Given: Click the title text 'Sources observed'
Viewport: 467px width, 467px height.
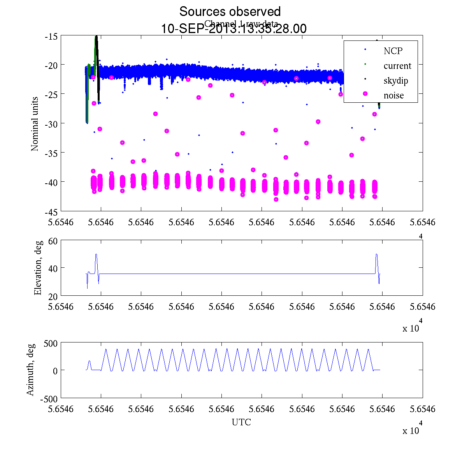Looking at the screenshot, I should point(230,11).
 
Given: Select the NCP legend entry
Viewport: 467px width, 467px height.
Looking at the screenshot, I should point(393,51).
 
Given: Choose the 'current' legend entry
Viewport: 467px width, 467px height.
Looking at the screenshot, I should point(397,66).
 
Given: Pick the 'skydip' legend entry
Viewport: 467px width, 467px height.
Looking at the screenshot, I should point(396,81).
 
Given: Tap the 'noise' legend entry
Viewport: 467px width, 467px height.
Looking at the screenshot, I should point(394,95).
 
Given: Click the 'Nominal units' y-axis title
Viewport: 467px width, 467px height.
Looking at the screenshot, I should point(35,124).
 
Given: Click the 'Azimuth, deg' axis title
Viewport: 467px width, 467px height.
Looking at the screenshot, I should point(30,369).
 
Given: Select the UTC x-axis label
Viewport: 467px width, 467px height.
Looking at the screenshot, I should point(241,422).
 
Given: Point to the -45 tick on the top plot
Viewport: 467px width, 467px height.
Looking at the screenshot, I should point(51,211).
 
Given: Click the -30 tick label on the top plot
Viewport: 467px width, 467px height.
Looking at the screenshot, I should point(51,123).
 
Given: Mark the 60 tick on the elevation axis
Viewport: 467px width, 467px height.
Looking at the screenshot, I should point(53,241).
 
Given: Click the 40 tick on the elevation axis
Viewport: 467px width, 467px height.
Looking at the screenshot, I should point(53,268).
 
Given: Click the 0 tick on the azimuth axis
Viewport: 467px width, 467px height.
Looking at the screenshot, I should point(55,370).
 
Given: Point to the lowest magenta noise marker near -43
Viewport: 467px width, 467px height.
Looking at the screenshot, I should point(276,199).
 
